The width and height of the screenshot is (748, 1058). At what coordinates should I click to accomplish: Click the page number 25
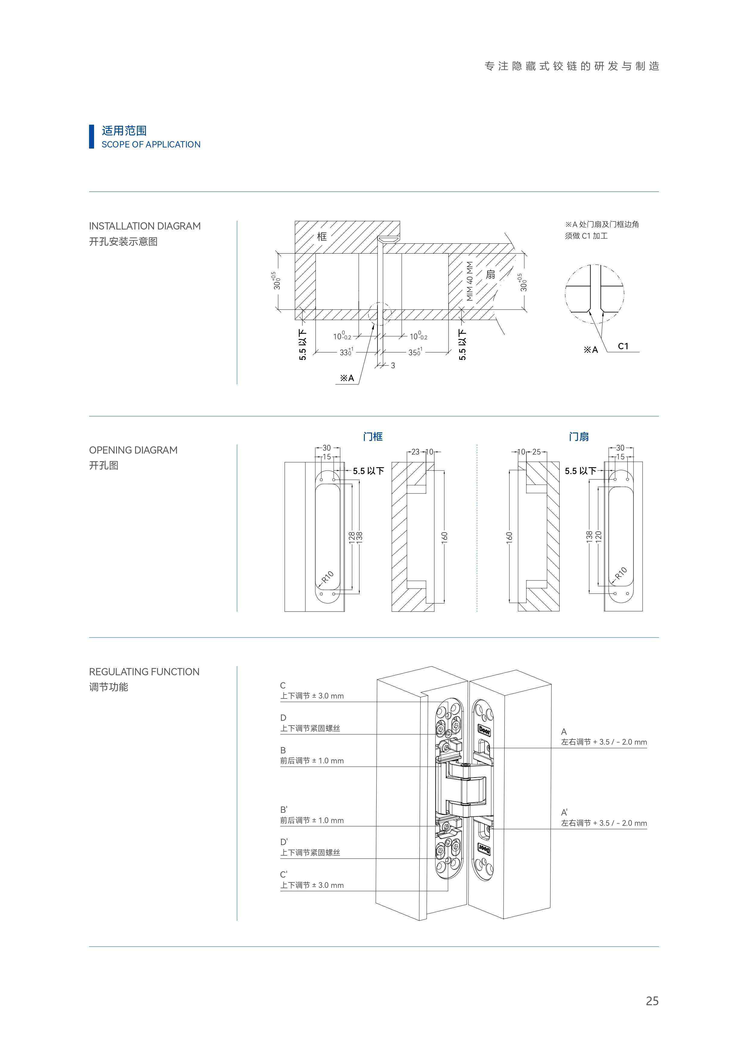(652, 1001)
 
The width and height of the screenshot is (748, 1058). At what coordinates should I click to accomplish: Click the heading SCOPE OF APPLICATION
(151, 144)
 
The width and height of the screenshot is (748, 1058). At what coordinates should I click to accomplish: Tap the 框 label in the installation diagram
(321, 236)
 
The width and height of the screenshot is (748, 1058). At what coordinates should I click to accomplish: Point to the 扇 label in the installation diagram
(491, 275)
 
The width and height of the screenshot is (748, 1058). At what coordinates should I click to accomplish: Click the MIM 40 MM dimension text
(470, 281)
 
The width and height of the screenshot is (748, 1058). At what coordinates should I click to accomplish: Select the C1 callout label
(623, 346)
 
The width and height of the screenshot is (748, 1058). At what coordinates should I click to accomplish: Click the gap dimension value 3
(393, 366)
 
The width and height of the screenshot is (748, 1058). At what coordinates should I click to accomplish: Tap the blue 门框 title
(373, 436)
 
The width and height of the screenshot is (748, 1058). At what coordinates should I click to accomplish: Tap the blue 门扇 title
(579, 436)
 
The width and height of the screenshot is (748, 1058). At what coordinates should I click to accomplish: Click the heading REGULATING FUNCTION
(144, 671)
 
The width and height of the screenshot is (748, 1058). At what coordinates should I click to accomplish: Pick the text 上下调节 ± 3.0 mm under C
(312, 696)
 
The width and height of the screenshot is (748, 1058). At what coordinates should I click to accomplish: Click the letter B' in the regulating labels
(284, 809)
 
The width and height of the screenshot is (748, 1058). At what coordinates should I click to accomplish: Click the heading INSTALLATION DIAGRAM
(145, 226)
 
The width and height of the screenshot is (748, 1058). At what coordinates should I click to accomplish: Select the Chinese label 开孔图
(104, 465)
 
